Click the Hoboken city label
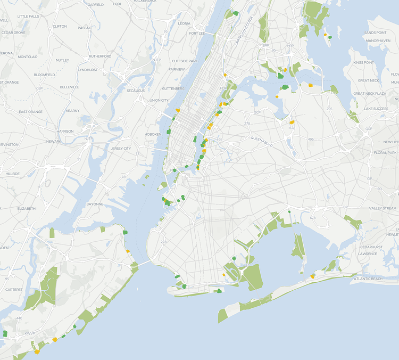(153, 134)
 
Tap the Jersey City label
(120, 148)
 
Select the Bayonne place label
(95, 204)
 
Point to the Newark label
(53, 141)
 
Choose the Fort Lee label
(197, 33)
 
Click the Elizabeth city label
(26, 208)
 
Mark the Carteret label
(14, 290)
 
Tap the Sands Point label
(375, 32)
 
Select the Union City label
(159, 100)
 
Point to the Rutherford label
(100, 56)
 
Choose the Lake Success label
(376, 109)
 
